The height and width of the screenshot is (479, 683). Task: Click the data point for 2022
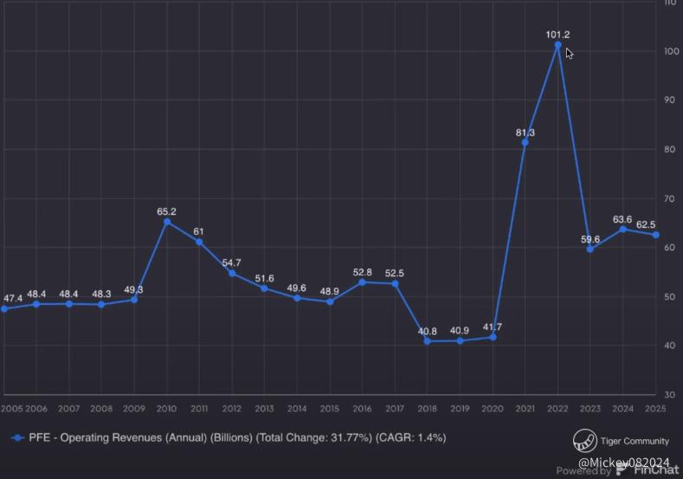pos(557,44)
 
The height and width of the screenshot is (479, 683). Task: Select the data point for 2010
pos(167,222)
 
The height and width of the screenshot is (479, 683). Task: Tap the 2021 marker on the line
pos(525,142)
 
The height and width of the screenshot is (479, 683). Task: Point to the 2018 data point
pos(427,341)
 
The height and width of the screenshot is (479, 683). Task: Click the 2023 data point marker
pos(590,249)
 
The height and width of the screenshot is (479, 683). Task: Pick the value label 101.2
pos(557,35)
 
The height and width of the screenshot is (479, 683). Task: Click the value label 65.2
pos(167,211)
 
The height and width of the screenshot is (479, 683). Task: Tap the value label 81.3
pos(525,133)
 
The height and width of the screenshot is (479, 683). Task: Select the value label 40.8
pos(427,331)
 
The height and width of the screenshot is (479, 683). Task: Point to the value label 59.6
pos(590,239)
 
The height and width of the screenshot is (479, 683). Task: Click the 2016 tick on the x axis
pos(362,409)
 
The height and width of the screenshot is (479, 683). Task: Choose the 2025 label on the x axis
pos(655,409)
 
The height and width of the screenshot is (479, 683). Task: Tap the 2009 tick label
pos(134,409)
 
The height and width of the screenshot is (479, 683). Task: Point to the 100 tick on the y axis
pos(670,51)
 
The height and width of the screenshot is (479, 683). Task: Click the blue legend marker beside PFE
pos(17,438)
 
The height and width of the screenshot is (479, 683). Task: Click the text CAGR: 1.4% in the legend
pos(411,438)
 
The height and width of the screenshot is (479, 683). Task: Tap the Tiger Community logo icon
pos(584,440)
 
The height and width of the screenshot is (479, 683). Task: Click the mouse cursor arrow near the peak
pos(569,53)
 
